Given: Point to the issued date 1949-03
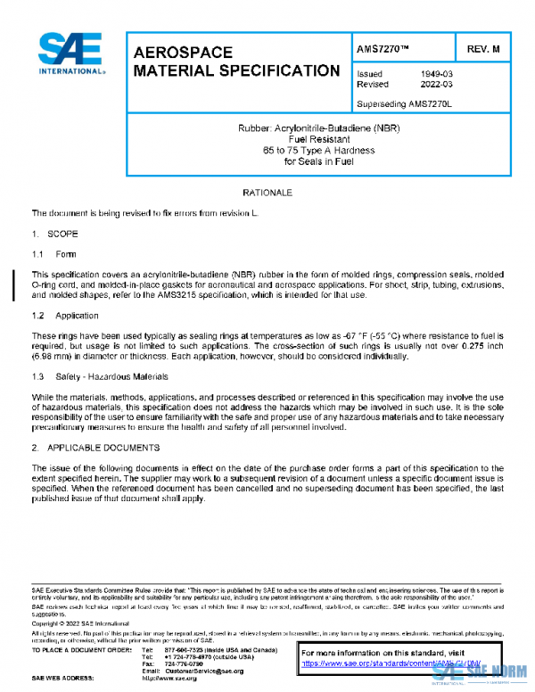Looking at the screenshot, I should pos(436,74).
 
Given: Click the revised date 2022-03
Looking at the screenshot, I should pos(436,85).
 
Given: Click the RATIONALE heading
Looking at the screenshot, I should pos(267,193).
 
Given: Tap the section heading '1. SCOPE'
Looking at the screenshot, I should pos(55,234).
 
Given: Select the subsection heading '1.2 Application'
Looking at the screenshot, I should pos(64,316).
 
